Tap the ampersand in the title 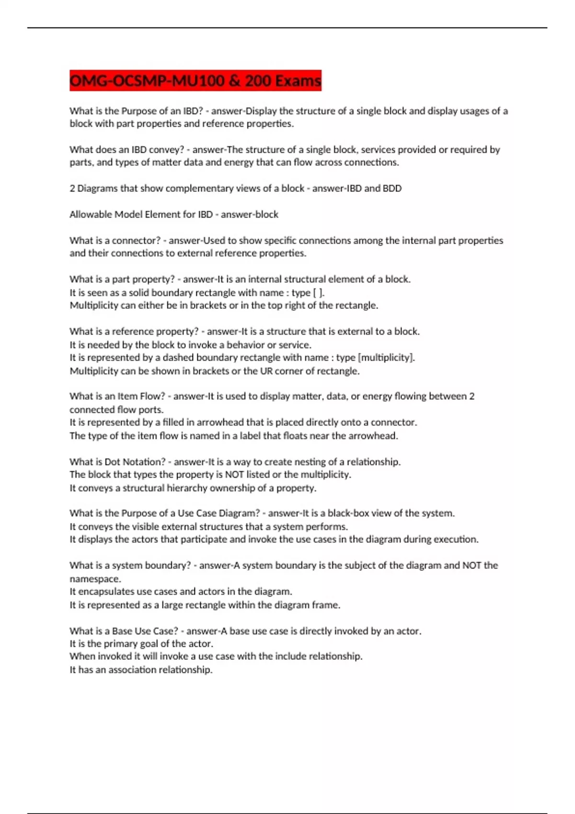[234, 80]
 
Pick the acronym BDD [391, 189]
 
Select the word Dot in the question [112, 462]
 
